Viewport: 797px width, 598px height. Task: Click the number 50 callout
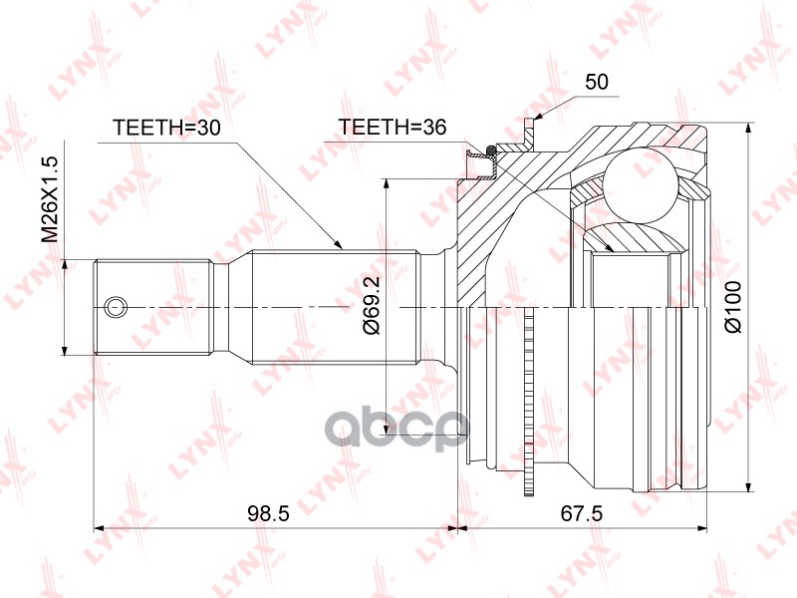click(x=596, y=82)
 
